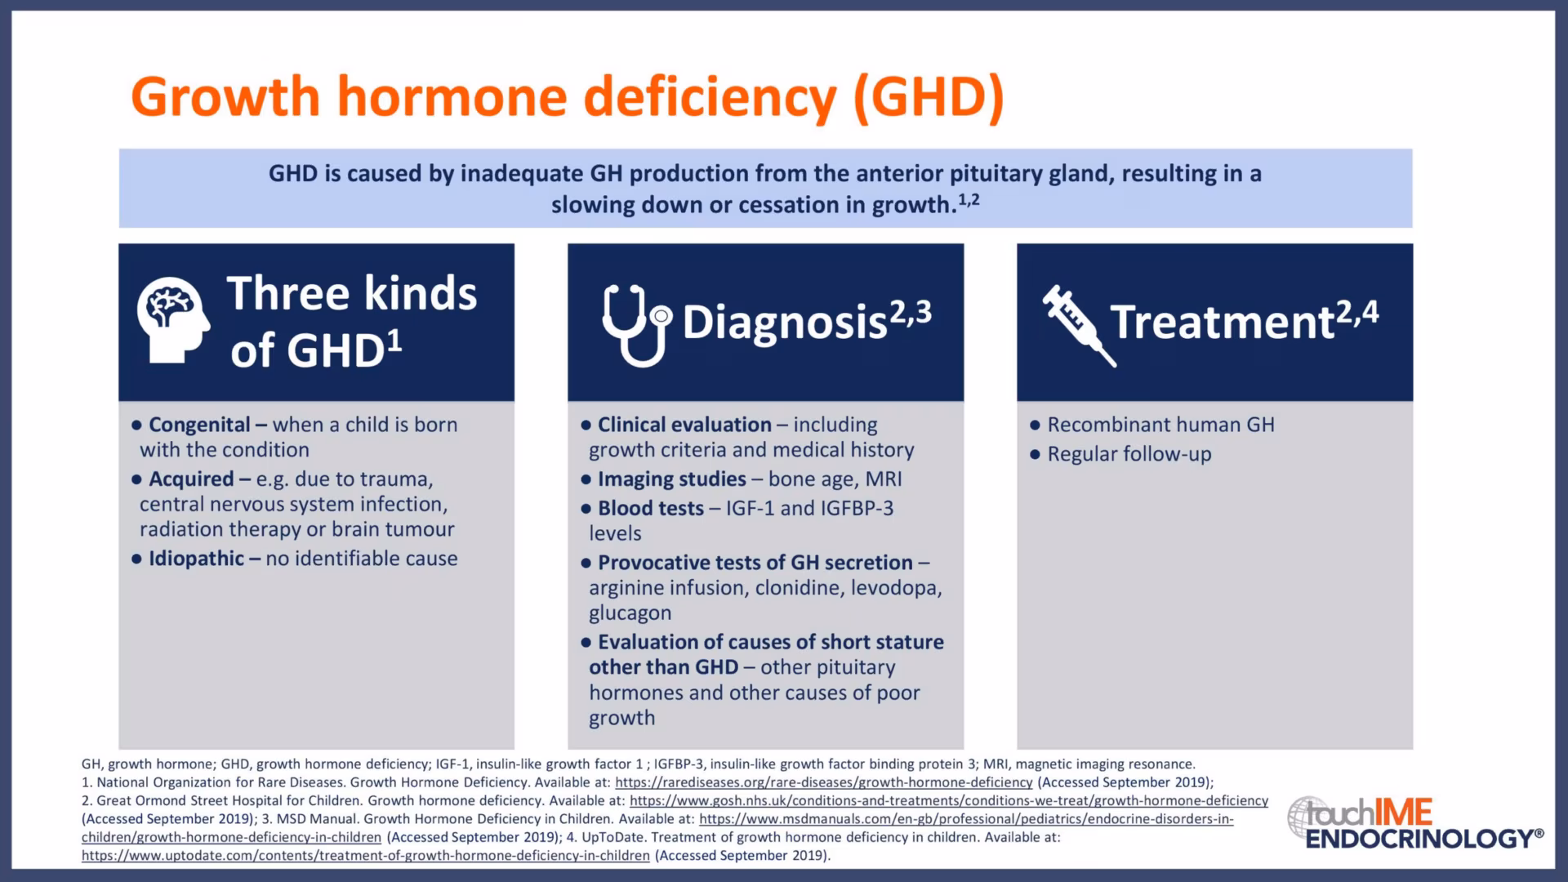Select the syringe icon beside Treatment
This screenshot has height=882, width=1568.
[x=1079, y=325]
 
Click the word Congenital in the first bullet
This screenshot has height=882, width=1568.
[x=199, y=425]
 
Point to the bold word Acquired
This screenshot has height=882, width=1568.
[x=191, y=479]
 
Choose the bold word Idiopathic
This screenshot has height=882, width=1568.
[x=196, y=559]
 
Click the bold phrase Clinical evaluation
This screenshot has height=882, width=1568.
[x=684, y=425]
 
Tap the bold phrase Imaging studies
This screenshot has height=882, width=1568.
[x=672, y=479]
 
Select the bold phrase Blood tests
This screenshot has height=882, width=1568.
[x=651, y=509]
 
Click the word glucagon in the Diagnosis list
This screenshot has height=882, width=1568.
[x=630, y=613]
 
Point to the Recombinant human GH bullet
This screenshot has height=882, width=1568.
[x=1160, y=425]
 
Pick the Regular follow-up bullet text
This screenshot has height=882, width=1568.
[x=1129, y=454]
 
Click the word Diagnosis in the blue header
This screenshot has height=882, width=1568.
[x=785, y=323]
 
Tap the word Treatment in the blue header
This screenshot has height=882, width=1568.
[x=1223, y=322]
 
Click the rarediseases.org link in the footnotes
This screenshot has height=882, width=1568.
[x=824, y=782]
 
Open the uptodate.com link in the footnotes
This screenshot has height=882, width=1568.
[x=366, y=856]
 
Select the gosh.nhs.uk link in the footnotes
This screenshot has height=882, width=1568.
[x=949, y=801]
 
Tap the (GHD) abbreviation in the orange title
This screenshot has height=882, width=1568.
[x=929, y=97]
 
